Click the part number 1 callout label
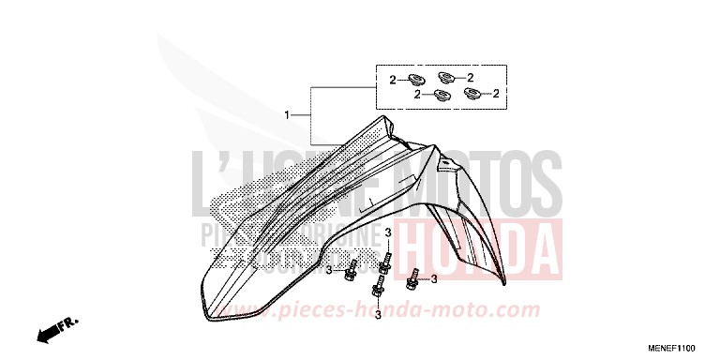[x=287, y=115]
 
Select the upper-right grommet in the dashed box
[x=447, y=78]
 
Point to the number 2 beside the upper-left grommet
[x=393, y=78]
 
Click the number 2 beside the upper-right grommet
[x=470, y=78]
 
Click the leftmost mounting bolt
[x=351, y=271]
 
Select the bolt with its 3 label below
[x=380, y=291]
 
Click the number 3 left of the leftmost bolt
[x=328, y=271]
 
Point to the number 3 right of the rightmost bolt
[x=435, y=278]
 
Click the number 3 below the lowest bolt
[x=378, y=316]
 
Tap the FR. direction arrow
[x=56, y=329]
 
